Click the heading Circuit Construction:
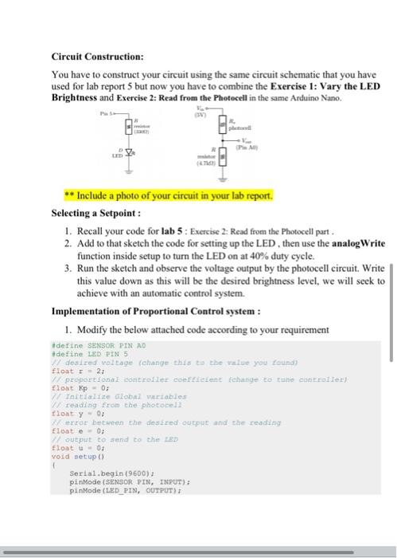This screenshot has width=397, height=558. tap(97, 57)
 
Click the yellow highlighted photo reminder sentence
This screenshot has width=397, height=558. tap(169, 195)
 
